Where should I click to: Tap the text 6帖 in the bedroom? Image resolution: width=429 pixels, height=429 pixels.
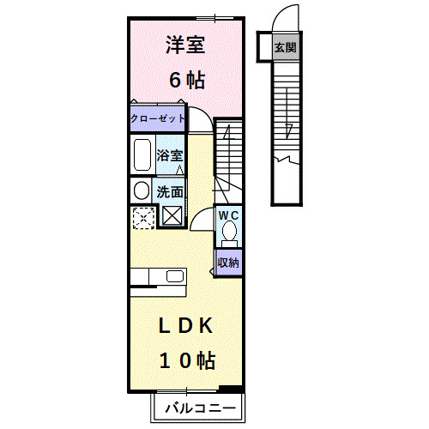click(185, 81)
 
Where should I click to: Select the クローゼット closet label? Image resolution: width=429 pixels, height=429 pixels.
click(157, 119)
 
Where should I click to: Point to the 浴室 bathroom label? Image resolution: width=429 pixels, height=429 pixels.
click(170, 155)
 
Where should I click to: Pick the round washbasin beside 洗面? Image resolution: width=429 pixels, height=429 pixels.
click(141, 190)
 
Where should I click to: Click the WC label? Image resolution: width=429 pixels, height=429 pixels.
click(227, 214)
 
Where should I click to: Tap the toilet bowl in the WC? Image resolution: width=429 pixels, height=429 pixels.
click(228, 232)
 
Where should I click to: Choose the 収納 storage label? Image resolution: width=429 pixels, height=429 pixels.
click(227, 262)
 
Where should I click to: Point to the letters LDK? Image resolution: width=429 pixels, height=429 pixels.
click(185, 326)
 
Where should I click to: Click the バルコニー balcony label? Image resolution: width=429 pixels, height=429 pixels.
click(199, 406)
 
